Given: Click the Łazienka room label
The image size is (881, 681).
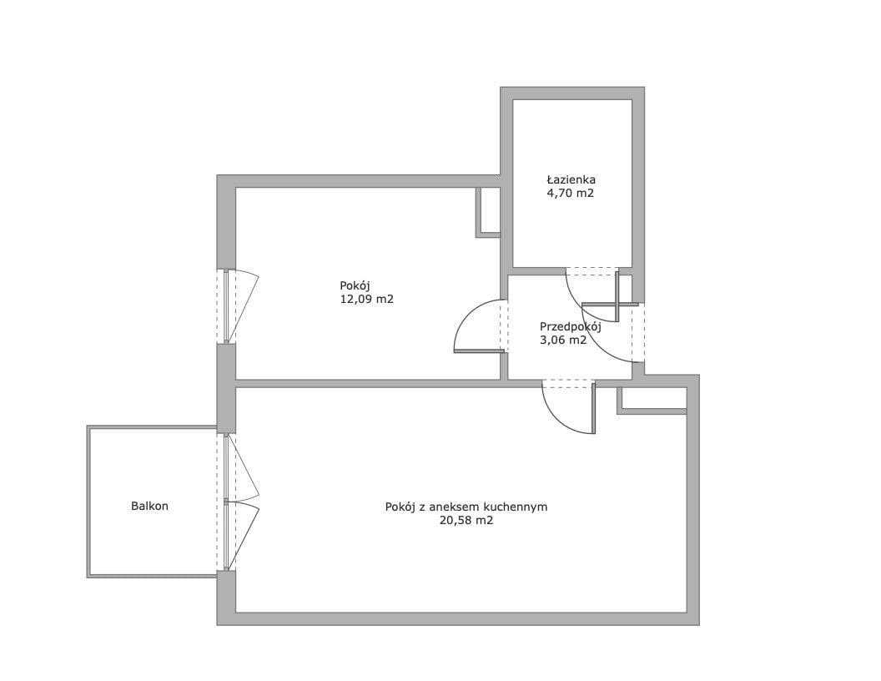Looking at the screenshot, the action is click(571, 179).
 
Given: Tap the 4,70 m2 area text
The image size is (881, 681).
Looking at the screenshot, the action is click(571, 194).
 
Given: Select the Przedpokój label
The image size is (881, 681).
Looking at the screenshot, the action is click(571, 327).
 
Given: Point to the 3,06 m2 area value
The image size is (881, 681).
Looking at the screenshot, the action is click(563, 340).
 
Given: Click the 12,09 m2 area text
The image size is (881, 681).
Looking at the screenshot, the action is click(367, 299).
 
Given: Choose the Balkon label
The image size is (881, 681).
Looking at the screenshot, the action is click(149, 506).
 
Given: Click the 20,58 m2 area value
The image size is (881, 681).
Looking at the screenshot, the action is click(466, 520).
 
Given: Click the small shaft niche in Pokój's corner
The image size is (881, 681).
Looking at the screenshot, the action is click(488, 212).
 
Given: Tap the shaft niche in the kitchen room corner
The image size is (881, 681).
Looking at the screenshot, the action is click(652, 401).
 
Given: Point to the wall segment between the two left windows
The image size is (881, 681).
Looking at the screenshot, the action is click(226, 388).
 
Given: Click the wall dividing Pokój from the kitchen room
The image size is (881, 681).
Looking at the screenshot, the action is click(368, 384).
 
